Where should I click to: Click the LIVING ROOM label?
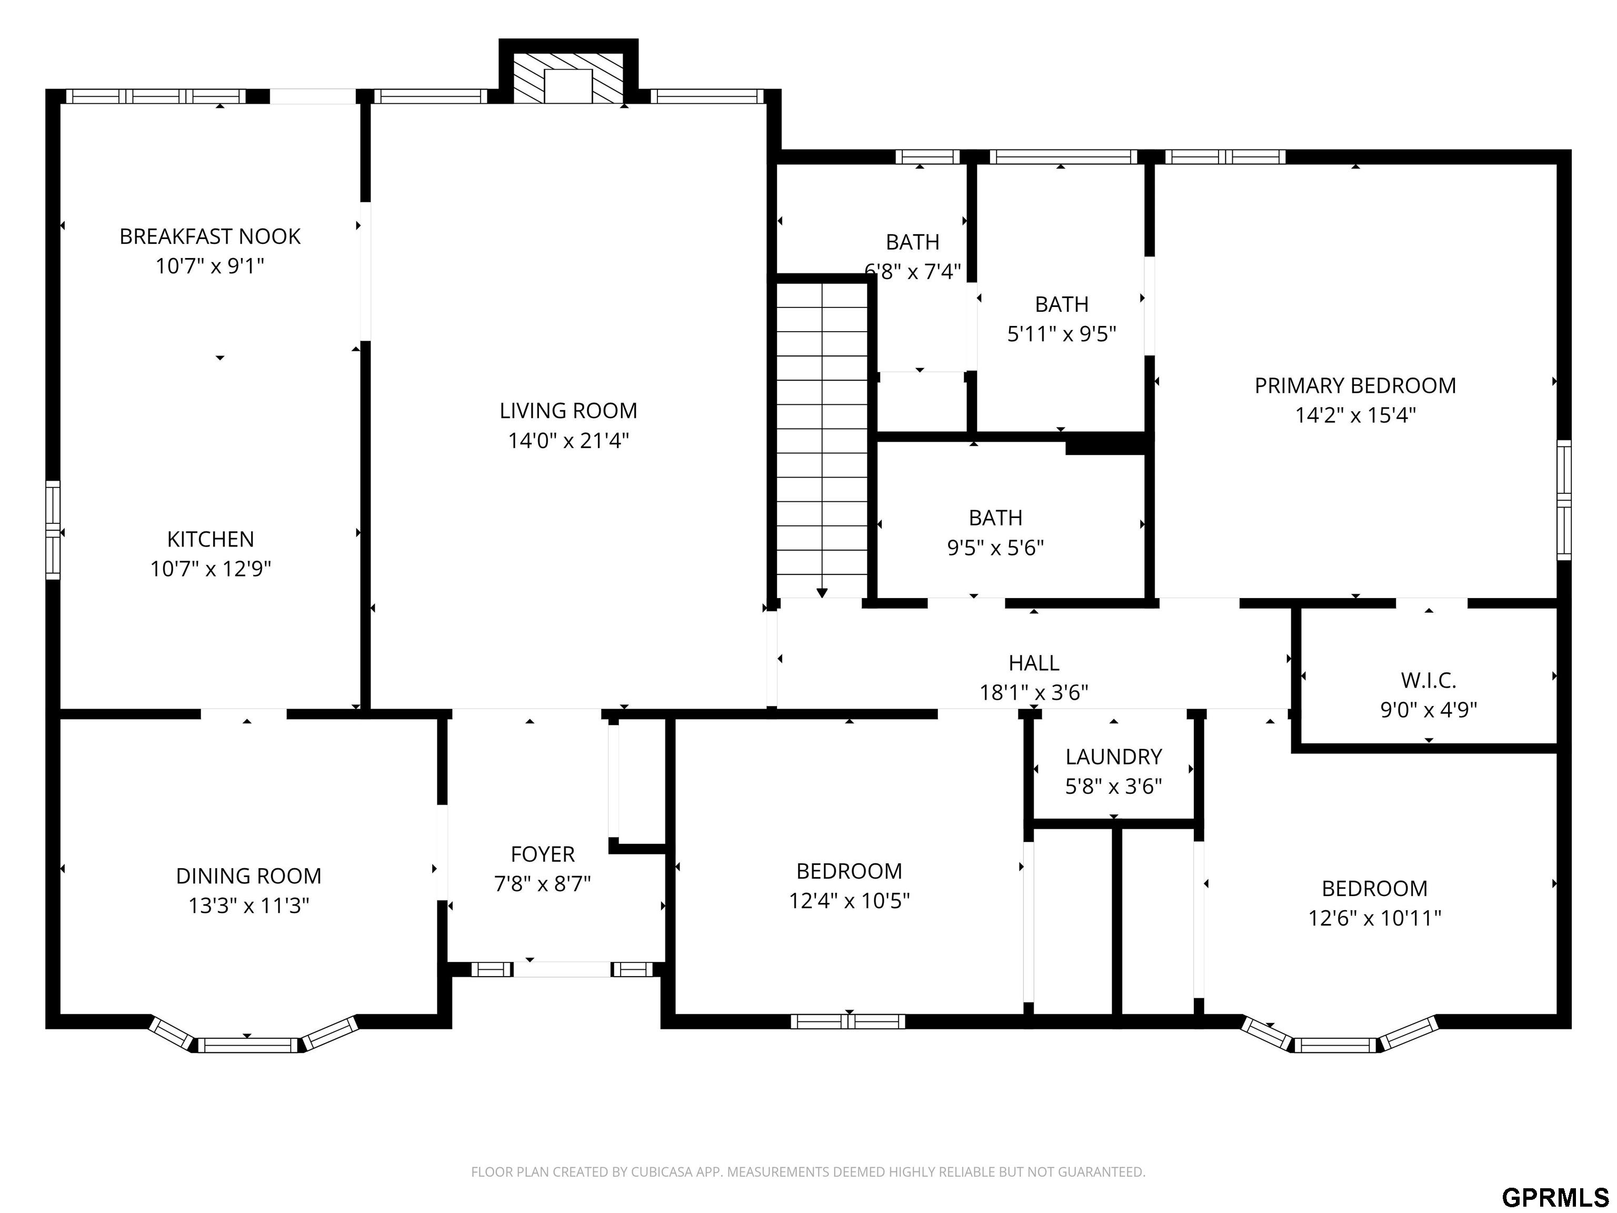568,411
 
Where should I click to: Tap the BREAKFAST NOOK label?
210,236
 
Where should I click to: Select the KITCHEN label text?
211,539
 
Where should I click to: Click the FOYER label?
542,854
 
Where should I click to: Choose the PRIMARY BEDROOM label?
1355,385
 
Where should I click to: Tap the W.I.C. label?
1429,680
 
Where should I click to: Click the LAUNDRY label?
1113,757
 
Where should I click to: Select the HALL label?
1034,662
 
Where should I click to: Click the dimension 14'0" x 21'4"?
568,441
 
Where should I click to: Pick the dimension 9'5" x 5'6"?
996,548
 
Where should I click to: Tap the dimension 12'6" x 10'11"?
1374,918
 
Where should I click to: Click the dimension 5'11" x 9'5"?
1062,334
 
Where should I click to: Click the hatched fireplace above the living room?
568,77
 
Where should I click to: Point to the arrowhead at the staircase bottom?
822,592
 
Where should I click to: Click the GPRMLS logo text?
1555,1198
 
